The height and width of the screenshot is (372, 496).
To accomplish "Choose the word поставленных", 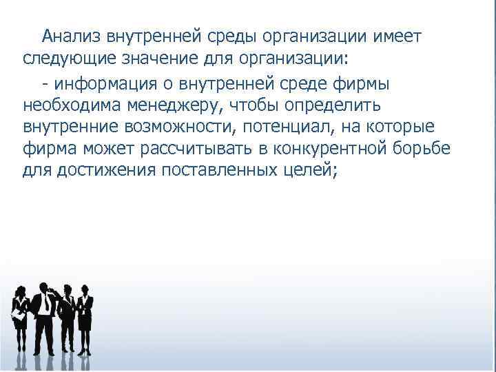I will (x=227, y=173).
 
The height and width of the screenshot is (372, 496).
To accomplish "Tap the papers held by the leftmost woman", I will (x=17, y=314).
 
